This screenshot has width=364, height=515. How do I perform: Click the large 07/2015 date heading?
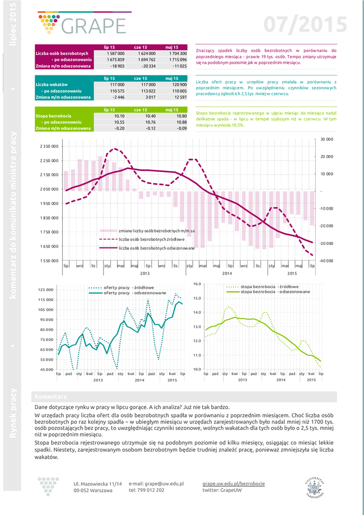(306, 24)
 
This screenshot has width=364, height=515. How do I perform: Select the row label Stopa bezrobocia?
(54, 116)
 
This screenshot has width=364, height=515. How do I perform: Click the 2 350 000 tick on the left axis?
(49, 146)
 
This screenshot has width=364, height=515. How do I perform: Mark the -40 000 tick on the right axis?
(326, 261)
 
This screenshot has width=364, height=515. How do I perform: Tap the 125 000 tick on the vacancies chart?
(46, 290)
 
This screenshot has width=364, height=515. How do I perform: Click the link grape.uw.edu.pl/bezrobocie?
(233, 483)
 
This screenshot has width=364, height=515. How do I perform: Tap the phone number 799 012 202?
(151, 490)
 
